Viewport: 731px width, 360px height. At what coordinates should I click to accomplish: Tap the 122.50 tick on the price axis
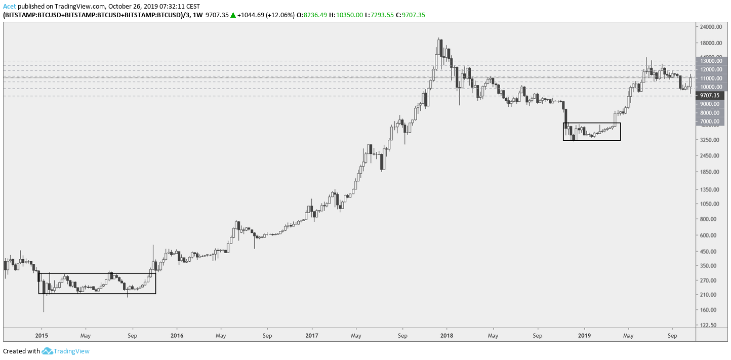709,325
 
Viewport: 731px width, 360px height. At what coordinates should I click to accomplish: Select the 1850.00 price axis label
710,172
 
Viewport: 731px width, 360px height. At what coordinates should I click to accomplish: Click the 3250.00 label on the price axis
710,140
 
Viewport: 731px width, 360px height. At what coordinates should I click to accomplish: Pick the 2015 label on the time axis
42,335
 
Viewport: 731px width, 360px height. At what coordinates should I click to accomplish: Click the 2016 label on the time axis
177,335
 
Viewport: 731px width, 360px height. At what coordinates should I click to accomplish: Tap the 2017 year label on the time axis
312,335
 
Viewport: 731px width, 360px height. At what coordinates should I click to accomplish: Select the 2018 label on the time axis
446,335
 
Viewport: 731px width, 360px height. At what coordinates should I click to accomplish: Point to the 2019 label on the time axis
585,335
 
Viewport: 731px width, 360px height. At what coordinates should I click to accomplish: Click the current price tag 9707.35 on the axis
710,95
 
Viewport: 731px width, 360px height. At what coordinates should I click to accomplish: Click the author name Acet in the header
10,6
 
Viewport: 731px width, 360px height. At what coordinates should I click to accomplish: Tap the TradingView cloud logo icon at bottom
47,351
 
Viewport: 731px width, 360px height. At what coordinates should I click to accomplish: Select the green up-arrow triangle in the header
233,15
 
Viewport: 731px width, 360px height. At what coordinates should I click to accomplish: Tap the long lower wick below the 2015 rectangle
44,304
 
